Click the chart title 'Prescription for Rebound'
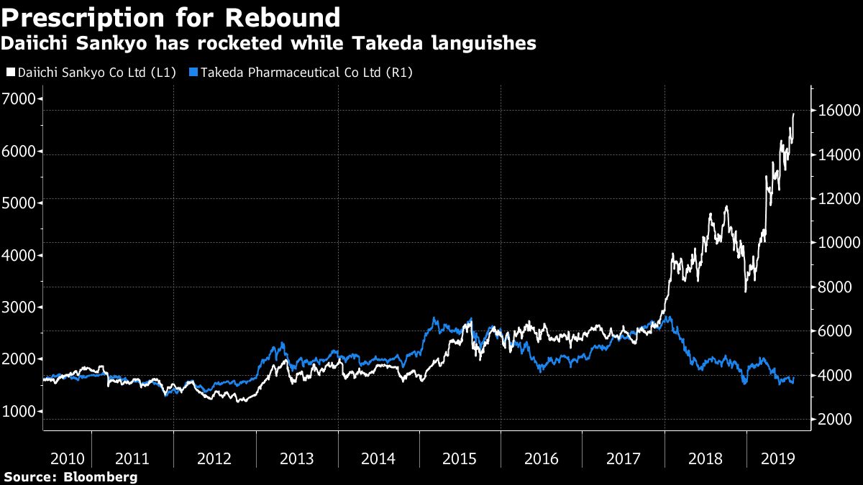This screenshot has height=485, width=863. [x=170, y=17]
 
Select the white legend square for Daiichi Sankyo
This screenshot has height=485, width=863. [x=9, y=73]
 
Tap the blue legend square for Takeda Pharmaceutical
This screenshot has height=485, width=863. [x=192, y=73]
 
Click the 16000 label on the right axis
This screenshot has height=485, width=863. [x=835, y=111]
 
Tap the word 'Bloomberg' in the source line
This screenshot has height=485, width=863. [x=100, y=477]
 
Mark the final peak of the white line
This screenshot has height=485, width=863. [x=793, y=114]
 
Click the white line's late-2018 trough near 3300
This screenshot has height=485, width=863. [x=746, y=290]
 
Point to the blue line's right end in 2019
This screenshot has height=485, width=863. [x=793, y=381]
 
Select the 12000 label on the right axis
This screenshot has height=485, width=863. [x=835, y=199]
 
